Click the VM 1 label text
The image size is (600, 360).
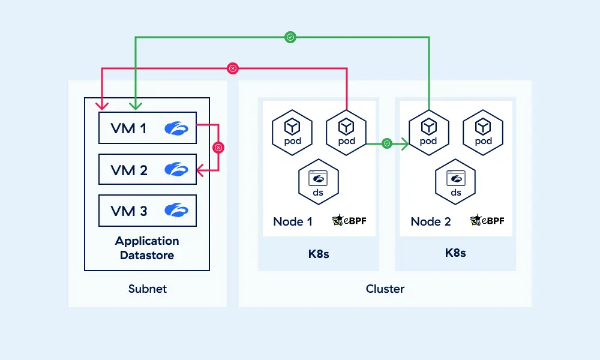tap(129, 128)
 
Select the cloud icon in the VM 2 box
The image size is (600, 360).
tap(176, 170)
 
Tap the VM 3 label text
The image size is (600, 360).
tap(129, 211)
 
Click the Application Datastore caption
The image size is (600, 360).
tap(147, 248)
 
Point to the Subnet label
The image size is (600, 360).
tap(148, 289)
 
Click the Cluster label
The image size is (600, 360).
tap(385, 289)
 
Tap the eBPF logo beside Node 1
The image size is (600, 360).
tap(349, 220)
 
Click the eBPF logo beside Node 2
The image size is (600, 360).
tap(487, 220)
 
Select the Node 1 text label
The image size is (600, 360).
tap(293, 221)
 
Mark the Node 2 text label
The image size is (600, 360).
tap(431, 221)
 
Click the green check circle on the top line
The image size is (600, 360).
tap(290, 37)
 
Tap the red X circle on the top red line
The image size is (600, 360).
tap(233, 68)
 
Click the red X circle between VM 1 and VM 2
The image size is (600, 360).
tap(218, 147)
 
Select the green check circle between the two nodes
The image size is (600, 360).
tap(387, 143)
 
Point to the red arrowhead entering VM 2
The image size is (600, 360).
tap(200, 172)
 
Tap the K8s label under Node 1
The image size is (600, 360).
tap(319, 253)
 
